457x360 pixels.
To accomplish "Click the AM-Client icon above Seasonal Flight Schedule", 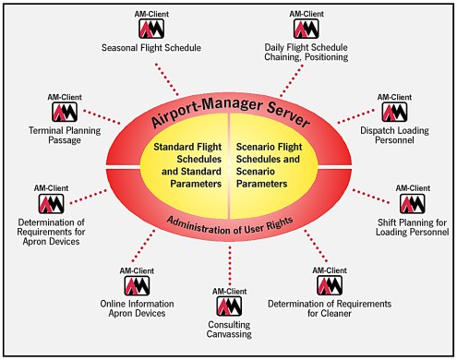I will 150,29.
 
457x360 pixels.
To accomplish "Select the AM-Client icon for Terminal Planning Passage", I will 62,112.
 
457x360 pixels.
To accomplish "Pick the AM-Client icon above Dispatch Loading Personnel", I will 393,111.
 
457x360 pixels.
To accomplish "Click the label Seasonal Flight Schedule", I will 150,48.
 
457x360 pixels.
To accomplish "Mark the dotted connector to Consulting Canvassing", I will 226,268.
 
